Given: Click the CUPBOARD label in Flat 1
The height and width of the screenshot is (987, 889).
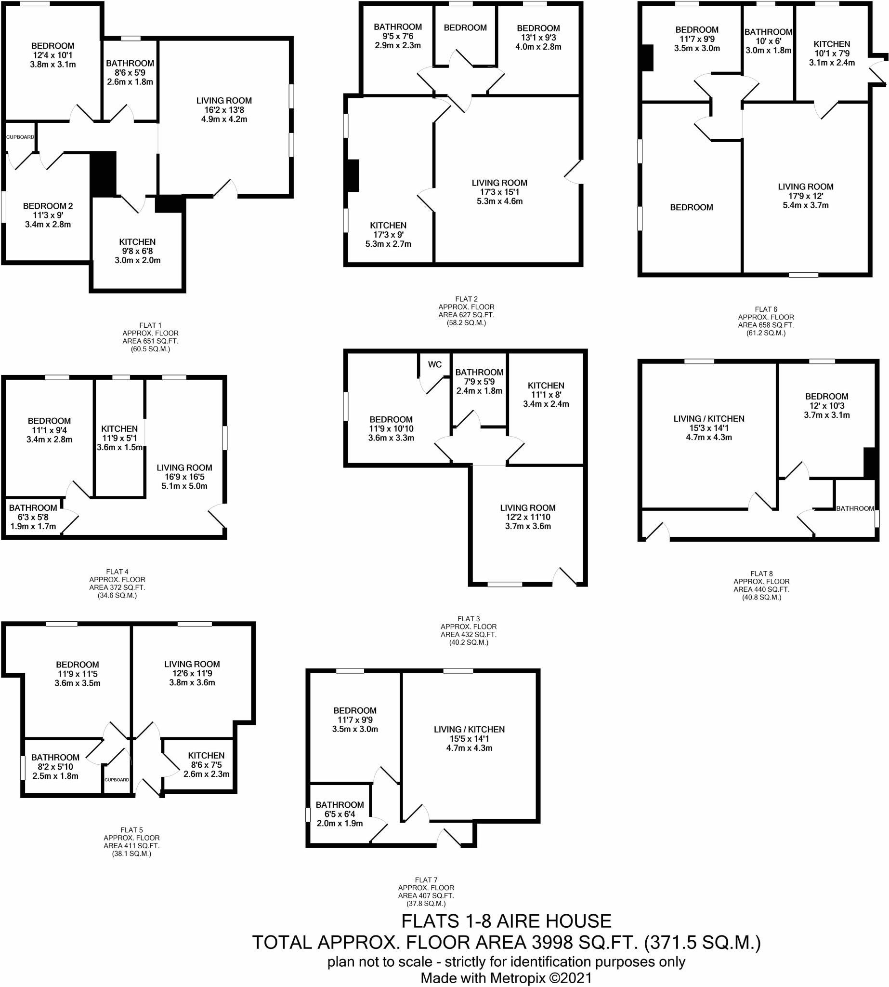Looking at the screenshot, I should [x=20, y=137].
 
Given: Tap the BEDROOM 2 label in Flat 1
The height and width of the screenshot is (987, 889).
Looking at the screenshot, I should [x=48, y=206].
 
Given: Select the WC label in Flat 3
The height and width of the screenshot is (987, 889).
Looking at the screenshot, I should [x=435, y=364].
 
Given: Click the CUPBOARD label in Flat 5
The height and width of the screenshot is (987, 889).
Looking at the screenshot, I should [x=117, y=780].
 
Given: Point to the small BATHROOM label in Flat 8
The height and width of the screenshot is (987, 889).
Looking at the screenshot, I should [x=855, y=508].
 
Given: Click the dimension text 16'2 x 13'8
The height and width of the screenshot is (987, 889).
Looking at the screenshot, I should [x=224, y=110].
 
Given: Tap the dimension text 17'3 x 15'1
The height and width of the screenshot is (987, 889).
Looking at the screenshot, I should [x=499, y=192].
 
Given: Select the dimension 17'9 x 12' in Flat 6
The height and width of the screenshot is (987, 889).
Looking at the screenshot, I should [x=806, y=196].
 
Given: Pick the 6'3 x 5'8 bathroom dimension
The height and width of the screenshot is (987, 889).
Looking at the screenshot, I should [x=33, y=517].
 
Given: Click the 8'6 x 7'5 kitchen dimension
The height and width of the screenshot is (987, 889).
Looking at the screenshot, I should [x=206, y=764].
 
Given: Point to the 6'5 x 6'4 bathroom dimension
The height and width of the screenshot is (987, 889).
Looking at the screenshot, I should [x=340, y=814].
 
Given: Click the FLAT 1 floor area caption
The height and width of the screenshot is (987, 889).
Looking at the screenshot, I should [x=150, y=337].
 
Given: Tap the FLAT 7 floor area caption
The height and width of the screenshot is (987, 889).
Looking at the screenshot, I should [x=426, y=892].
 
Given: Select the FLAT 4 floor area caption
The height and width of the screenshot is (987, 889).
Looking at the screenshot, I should [x=117, y=583].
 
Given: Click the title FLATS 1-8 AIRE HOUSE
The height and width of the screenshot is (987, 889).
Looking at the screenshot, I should [x=506, y=921].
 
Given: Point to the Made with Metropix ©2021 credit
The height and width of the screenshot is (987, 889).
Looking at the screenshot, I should [x=506, y=978].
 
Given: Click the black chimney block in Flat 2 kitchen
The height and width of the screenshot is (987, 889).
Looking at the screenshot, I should [x=353, y=175].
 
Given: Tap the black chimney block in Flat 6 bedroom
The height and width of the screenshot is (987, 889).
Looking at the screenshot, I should [x=647, y=58].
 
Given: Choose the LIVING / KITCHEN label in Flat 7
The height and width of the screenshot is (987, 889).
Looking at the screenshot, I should [x=469, y=729].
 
